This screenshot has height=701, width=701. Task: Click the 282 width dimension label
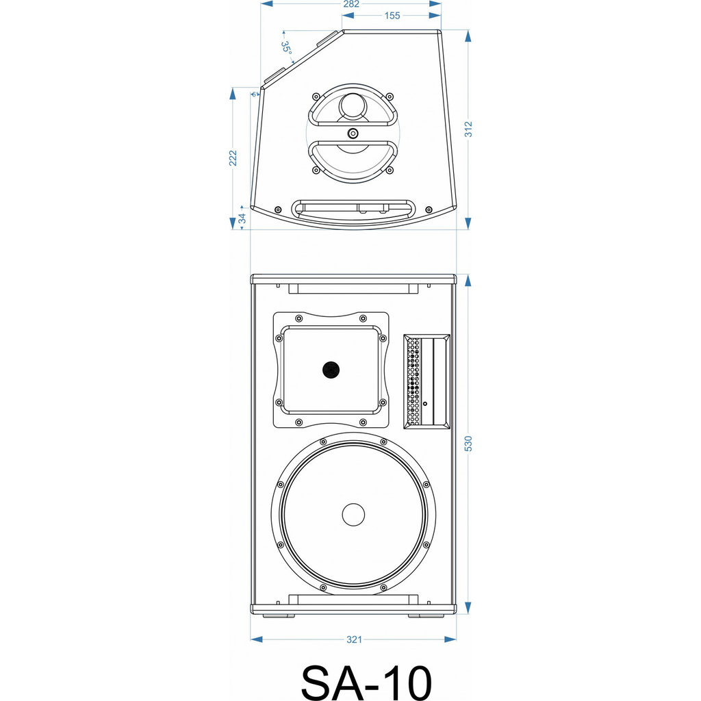pyautogui.click(x=350, y=4)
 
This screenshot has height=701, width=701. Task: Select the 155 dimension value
pyautogui.click(x=392, y=16)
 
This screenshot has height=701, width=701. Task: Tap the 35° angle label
pyautogui.click(x=286, y=47)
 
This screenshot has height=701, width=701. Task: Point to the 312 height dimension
pyautogui.click(x=468, y=129)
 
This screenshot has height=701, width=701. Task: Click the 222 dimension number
pyautogui.click(x=233, y=157)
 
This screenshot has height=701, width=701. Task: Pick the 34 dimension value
pyautogui.click(x=242, y=219)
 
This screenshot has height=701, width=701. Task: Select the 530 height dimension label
pyautogui.click(x=468, y=444)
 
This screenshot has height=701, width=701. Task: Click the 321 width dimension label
pyautogui.click(x=353, y=639)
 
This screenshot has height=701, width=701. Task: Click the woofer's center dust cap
pyautogui.click(x=353, y=515)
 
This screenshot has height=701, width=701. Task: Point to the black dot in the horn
pyautogui.click(x=331, y=370)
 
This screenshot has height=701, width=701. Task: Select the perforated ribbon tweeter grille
pyautogui.click(x=413, y=382)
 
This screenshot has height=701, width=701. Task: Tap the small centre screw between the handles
pyautogui.click(x=353, y=133)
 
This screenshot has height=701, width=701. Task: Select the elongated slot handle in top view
pyautogui.click(x=353, y=208)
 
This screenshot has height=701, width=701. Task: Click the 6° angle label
pyautogui.click(x=254, y=94)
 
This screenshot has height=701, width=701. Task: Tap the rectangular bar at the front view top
pyautogui.click(x=353, y=290)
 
